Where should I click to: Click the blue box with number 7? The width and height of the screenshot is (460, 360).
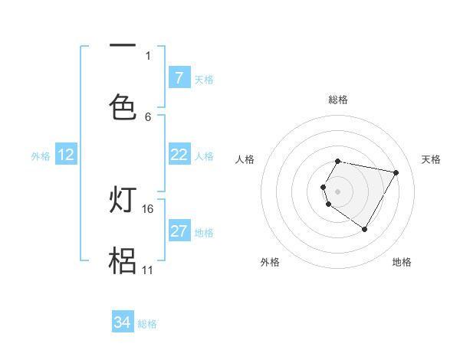coord(179,78)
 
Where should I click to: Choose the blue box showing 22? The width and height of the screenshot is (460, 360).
coord(179,155)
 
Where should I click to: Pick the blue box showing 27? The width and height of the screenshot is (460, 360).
coord(179,231)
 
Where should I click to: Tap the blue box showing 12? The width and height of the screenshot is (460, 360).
coord(65,155)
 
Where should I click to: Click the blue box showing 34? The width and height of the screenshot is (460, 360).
coord(123,322)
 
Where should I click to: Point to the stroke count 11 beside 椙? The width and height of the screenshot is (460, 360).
coord(147,270)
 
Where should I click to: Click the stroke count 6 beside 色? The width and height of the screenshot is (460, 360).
coord(148,116)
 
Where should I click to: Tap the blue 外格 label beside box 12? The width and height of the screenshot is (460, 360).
coord(41,156)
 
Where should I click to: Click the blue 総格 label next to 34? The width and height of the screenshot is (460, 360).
coord(147,324)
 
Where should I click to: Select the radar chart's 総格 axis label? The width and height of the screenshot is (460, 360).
coord(338,100)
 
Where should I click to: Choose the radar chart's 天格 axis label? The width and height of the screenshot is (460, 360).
coord(432,159)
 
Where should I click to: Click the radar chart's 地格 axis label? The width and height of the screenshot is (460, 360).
coord(402,262)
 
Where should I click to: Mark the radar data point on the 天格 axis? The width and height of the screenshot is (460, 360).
coord(396,173)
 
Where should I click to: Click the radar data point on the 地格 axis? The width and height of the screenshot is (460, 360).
coord(365,229)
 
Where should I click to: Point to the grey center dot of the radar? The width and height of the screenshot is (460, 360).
coord(338,191)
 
